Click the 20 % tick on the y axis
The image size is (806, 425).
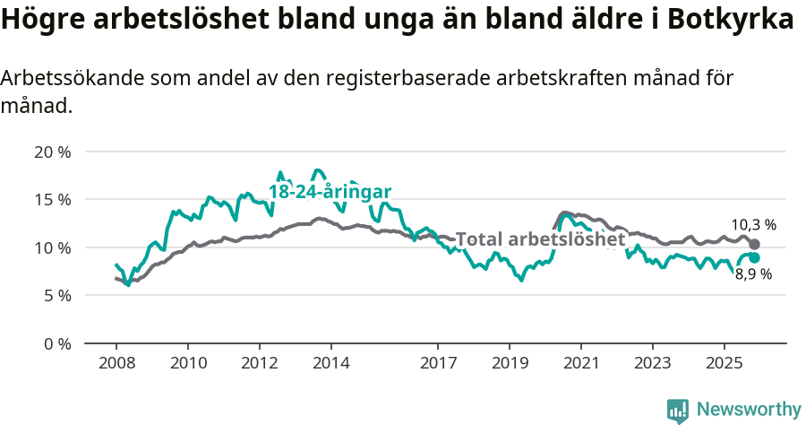(x=52, y=152)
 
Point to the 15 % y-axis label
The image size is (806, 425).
(x=52, y=199)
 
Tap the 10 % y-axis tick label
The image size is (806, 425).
(x=52, y=247)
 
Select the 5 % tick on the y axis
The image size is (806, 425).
(x=56, y=295)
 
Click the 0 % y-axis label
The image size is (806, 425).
(x=56, y=343)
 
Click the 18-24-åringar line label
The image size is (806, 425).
(x=330, y=192)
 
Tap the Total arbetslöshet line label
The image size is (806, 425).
(x=540, y=239)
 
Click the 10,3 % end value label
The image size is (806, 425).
(x=753, y=225)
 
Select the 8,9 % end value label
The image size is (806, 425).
(x=753, y=274)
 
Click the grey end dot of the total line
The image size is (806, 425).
(x=755, y=244)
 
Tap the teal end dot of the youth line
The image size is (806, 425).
(x=755, y=258)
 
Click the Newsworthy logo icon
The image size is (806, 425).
(x=678, y=410)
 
